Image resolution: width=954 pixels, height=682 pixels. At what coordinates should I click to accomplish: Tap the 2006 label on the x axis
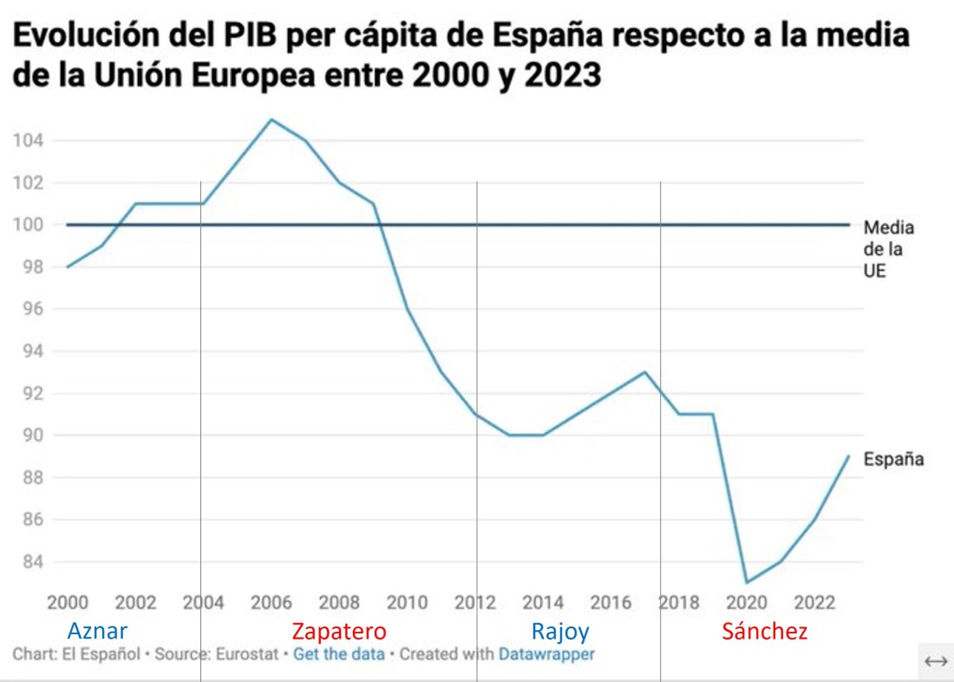[272, 603]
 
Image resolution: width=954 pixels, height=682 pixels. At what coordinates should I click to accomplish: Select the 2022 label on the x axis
[815, 603]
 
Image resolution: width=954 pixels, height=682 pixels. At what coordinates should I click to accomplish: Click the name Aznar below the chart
[97, 632]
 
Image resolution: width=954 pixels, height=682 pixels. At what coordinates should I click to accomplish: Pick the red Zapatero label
[338, 632]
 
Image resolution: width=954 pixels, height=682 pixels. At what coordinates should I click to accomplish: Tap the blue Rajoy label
[559, 632]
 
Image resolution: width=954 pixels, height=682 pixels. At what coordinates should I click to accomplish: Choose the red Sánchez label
[764, 632]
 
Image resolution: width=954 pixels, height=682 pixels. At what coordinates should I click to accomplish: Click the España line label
[893, 460]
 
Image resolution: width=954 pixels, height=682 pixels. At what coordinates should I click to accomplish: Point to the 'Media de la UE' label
[888, 250]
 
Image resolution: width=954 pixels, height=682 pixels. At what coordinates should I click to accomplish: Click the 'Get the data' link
[338, 653]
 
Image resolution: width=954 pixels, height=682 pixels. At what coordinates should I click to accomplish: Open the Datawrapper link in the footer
[546, 653]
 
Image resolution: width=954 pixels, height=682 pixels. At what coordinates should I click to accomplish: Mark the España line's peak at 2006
[271, 119]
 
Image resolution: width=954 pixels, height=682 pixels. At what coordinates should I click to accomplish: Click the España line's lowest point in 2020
[747, 582]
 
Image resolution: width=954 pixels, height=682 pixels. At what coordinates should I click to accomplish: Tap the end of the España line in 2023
[848, 456]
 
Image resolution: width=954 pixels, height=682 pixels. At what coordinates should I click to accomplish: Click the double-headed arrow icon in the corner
[935, 662]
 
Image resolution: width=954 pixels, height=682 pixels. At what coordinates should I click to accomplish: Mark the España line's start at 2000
[68, 266]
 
